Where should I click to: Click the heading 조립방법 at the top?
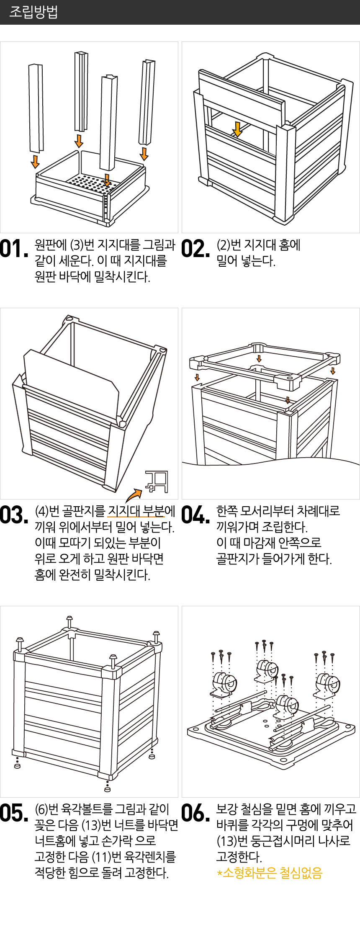point(33,12)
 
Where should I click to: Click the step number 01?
point(14,249)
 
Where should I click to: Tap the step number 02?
point(195,249)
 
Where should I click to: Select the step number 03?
point(14,515)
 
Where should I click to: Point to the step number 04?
point(196,515)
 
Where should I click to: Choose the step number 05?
point(14,813)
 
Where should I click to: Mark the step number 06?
point(196,813)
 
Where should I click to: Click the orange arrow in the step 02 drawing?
point(237,130)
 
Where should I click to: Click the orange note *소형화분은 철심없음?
point(270,873)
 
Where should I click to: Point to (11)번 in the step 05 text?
point(105,857)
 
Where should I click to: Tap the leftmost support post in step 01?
point(36,108)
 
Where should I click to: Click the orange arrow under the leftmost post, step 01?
point(35,162)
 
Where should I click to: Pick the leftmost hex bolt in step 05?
point(20,644)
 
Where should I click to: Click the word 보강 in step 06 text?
point(224,809)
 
